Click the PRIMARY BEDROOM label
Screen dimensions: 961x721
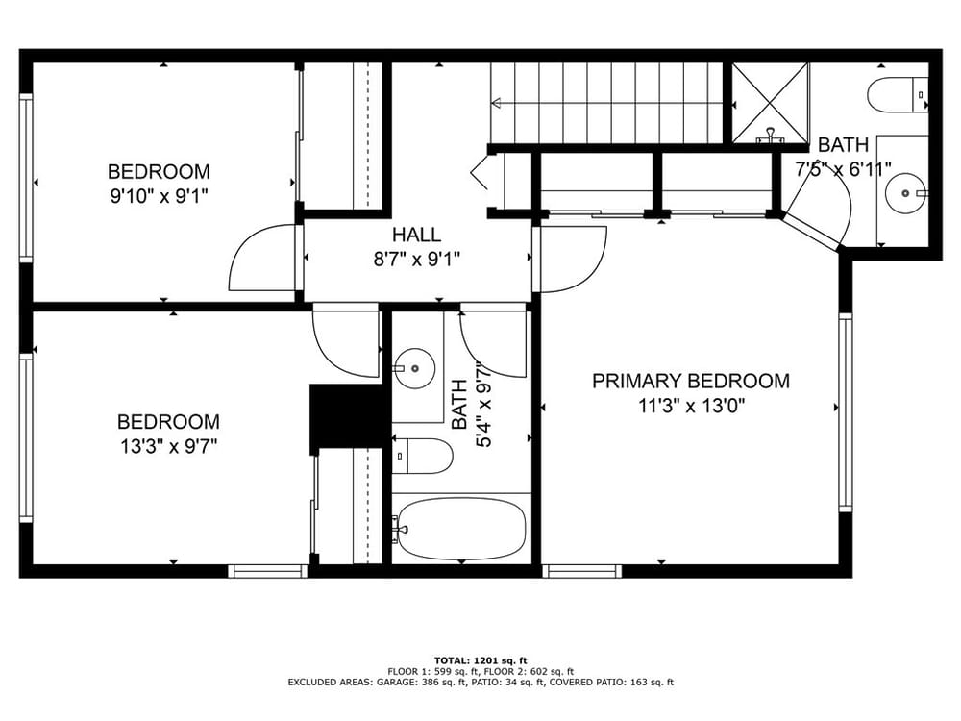coord(691,381)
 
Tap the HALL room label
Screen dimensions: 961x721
coord(416,235)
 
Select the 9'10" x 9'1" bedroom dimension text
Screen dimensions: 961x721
coord(159,196)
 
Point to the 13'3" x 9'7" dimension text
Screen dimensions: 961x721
coord(168,446)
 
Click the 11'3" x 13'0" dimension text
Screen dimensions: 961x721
coord(691,406)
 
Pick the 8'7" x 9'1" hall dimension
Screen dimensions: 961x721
coord(417,260)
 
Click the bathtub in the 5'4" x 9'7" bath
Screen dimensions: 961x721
coord(461,529)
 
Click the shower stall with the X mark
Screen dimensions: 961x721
coord(771,103)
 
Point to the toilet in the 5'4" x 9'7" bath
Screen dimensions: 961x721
coord(422,456)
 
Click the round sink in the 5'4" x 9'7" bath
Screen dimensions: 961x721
coord(414,368)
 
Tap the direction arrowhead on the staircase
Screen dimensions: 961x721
coord(497,103)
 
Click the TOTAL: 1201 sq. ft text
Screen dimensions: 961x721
coord(480,660)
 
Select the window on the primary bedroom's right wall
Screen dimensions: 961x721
coord(846,412)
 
